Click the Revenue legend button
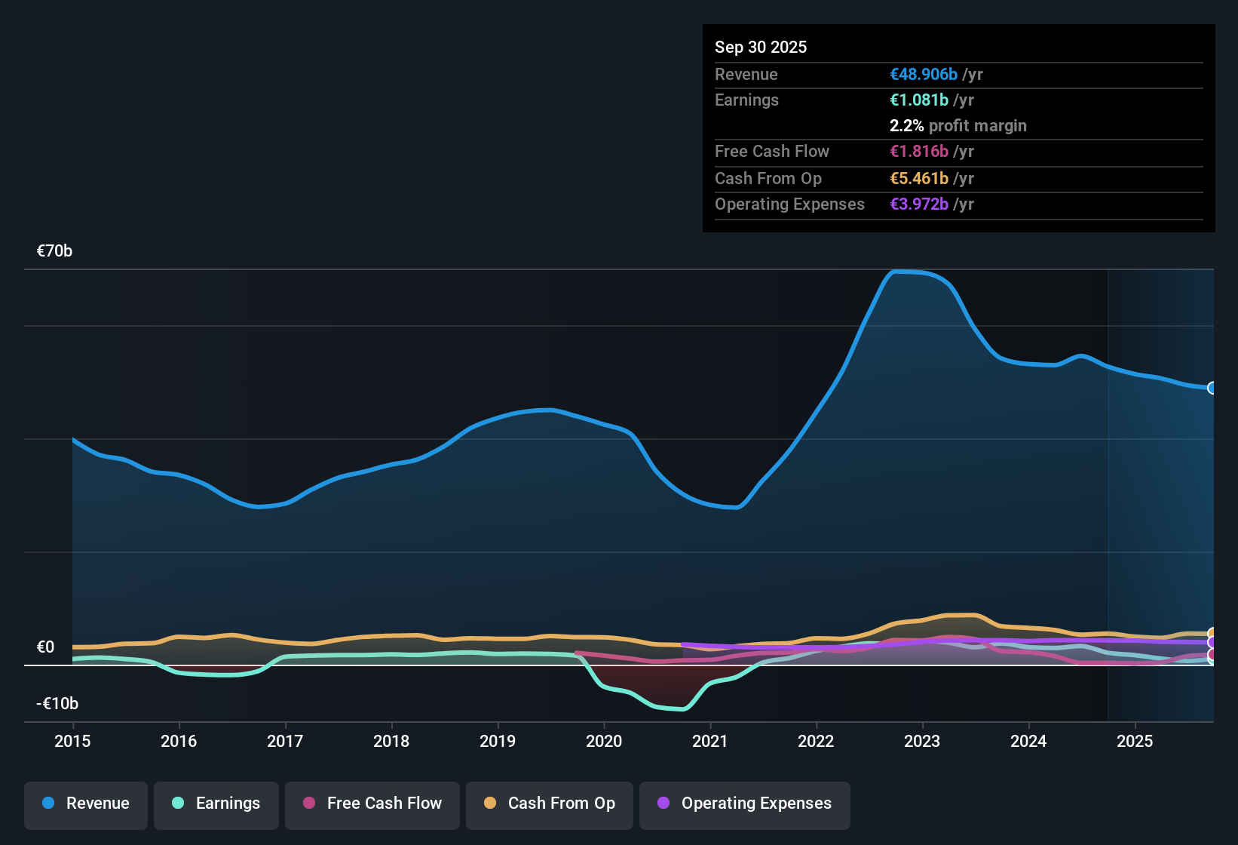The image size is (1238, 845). click(86, 804)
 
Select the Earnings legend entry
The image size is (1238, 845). click(216, 804)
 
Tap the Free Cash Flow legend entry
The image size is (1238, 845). click(372, 804)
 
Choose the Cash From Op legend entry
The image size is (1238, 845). click(550, 804)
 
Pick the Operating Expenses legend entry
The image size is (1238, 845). click(745, 804)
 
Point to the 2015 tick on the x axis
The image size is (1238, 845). click(72, 741)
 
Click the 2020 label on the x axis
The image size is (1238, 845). click(604, 741)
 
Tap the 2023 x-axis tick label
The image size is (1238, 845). click(922, 741)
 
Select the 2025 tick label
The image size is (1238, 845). click(1135, 741)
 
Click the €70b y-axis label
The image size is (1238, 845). click(54, 251)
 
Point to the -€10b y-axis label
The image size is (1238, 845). click(57, 704)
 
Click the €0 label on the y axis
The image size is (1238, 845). click(45, 647)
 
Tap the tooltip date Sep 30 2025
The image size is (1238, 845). click(760, 47)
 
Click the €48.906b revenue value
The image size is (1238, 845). click(924, 74)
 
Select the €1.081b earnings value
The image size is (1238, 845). click(919, 100)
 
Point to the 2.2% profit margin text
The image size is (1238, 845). click(958, 125)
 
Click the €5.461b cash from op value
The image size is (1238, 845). click(919, 178)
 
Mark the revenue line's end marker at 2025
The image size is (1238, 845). click(1212, 388)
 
